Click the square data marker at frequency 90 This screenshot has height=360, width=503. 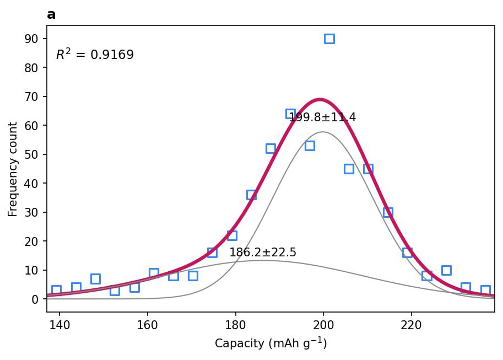(x=329, y=39)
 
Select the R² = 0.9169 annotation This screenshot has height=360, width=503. (x=95, y=54)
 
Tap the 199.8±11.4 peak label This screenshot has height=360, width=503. (x=322, y=117)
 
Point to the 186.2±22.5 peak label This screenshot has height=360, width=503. (x=263, y=252)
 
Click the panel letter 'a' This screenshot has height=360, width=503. (x=51, y=15)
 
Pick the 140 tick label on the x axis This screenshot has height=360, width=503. (x=60, y=325)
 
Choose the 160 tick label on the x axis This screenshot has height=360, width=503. (x=148, y=325)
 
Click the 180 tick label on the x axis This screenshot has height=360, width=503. (x=235, y=325)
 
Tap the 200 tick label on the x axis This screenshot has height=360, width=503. (x=323, y=325)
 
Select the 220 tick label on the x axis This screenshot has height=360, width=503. (x=411, y=325)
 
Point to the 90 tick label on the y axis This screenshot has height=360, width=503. (x=31, y=39)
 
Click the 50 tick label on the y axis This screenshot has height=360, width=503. (x=31, y=154)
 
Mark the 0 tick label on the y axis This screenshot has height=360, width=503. (x=35, y=299)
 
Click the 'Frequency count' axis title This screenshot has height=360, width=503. (x=13, y=169)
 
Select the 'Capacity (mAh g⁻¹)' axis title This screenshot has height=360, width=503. (x=271, y=343)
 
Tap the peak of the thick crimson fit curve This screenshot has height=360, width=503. (x=320, y=100)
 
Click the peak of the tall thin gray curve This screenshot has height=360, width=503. (x=323, y=132)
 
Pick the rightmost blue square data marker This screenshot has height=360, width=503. (x=485, y=291)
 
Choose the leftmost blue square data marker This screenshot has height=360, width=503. (x=56, y=291)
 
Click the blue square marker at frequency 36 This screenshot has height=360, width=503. (x=251, y=195)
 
